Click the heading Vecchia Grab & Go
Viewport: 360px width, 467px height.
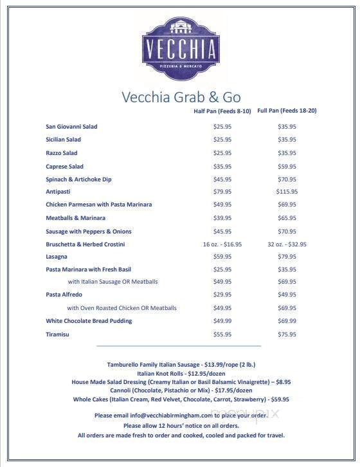point(181,97)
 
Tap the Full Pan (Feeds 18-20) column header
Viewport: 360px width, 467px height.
point(287,111)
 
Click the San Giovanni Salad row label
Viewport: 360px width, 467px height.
point(71,127)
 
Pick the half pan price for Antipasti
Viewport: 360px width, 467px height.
point(222,191)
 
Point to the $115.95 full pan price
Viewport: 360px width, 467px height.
point(287,191)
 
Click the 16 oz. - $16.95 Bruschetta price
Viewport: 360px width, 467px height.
point(222,244)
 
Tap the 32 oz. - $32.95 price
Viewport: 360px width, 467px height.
point(287,244)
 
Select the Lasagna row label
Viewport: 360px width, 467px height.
point(57,256)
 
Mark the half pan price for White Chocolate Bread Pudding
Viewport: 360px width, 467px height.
point(222,321)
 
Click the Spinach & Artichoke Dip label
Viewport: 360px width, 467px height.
point(78,179)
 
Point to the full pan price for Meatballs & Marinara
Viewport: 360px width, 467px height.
point(287,217)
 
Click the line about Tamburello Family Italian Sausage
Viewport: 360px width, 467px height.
point(179,365)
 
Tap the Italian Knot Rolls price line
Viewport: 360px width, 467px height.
point(179,373)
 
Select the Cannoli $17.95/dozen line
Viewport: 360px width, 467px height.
point(179,390)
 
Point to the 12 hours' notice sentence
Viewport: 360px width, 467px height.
point(179,425)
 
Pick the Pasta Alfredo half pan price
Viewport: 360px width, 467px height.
point(222,295)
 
